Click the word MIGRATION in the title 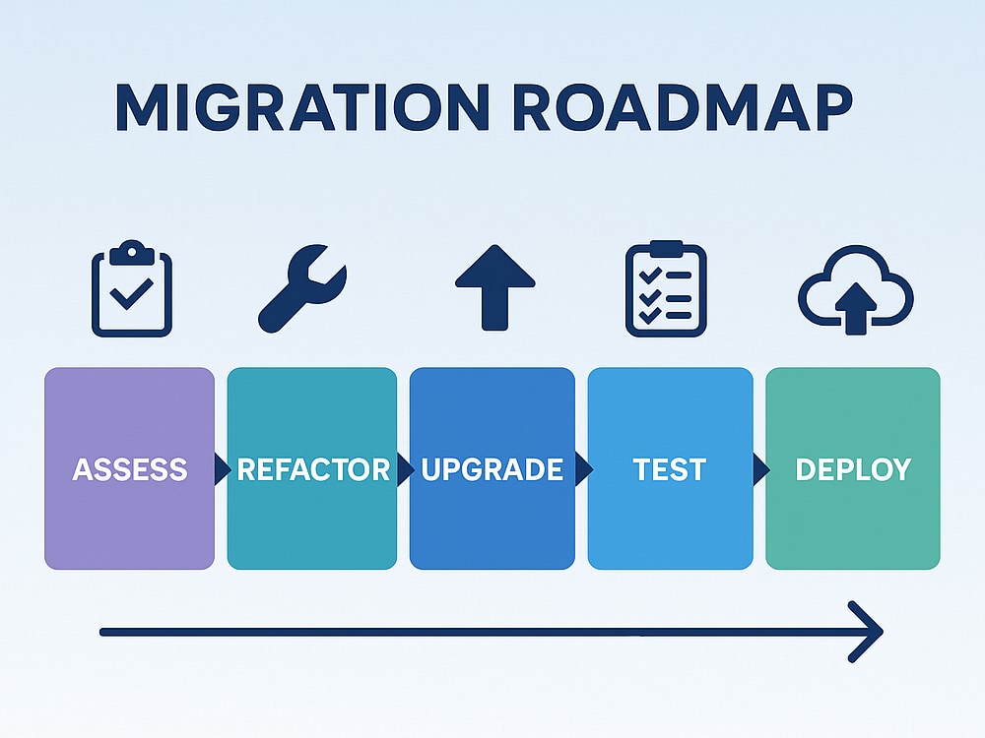pos(302,107)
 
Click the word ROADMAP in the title pos(683,107)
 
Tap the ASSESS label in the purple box pos(129,469)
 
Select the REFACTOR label pos(313,469)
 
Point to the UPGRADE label pos(492,469)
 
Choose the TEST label pos(670,469)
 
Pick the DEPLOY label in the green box pos(853,469)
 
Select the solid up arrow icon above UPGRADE pos(495,287)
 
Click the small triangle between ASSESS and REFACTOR pos(222,468)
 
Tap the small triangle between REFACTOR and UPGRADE pos(405,468)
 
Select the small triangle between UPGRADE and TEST pos(583,468)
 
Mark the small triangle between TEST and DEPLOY pos(760,468)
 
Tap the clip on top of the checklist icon pos(666,249)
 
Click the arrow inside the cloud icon pos(856,309)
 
